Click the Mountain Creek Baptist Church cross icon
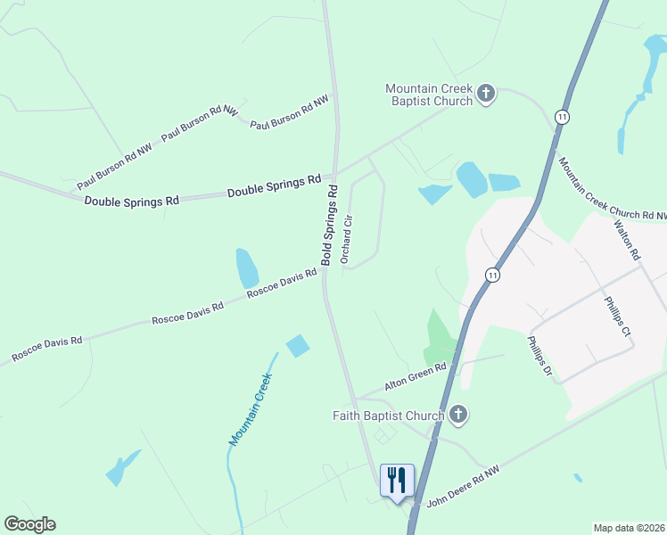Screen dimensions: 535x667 tap(486, 94)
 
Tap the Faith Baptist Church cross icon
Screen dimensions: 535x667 tap(458, 415)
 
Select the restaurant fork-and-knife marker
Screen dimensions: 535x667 tap(396, 480)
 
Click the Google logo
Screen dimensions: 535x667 tap(29, 524)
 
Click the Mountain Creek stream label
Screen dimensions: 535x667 tap(250, 409)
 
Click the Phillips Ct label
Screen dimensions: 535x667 tap(617, 317)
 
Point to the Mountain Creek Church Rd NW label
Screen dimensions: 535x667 tap(612, 190)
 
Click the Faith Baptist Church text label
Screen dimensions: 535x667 tap(388, 416)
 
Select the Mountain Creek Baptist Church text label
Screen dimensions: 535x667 tap(429, 95)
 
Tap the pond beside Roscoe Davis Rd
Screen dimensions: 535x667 tap(247, 267)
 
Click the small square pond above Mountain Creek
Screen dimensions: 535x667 tap(298, 345)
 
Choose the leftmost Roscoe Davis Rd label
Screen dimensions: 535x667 tap(46, 349)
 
